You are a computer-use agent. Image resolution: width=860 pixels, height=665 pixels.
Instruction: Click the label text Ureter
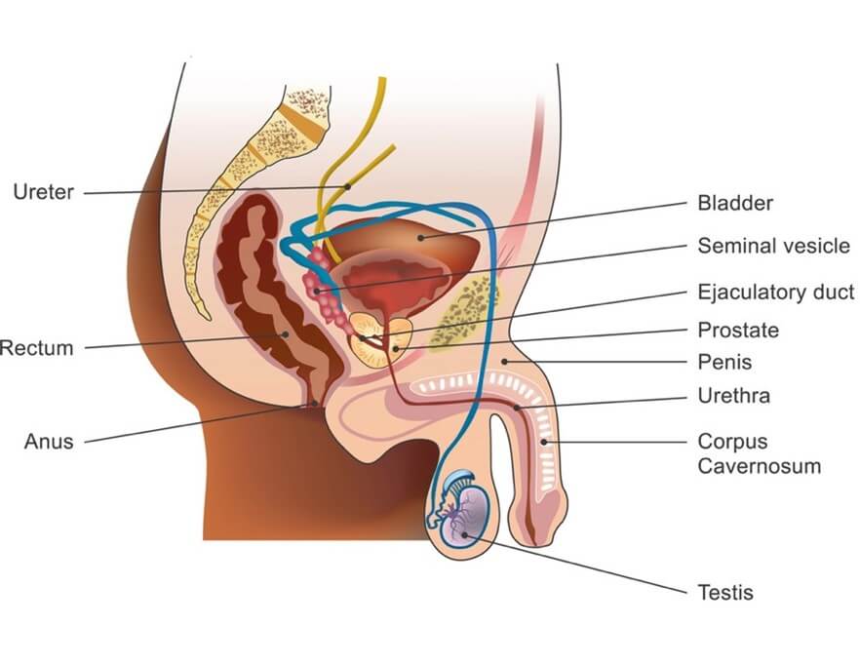(43, 192)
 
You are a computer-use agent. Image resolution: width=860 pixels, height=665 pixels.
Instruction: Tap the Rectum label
(37, 347)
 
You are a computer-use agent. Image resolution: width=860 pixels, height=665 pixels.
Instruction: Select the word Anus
(49, 441)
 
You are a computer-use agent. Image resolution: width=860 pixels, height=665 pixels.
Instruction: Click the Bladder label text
(735, 204)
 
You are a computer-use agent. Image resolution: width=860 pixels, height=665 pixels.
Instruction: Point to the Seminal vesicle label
(773, 246)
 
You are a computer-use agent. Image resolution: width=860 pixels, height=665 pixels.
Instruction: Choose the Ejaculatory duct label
(775, 292)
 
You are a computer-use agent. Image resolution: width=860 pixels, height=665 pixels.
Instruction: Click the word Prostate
(738, 330)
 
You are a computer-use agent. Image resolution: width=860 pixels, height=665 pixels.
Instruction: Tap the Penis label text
(724, 362)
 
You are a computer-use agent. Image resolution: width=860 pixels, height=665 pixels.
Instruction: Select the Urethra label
(733, 396)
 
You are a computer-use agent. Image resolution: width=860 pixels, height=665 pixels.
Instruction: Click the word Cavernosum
(759, 466)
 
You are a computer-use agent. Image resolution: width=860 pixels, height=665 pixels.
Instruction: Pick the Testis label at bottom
(725, 592)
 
